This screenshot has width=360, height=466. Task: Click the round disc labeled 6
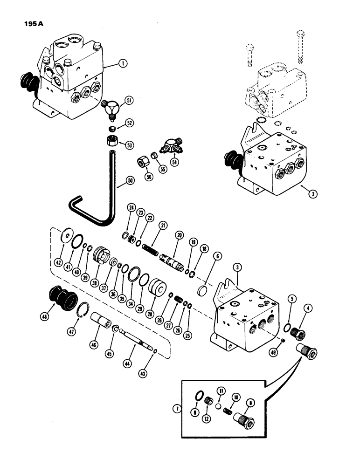[205, 291]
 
